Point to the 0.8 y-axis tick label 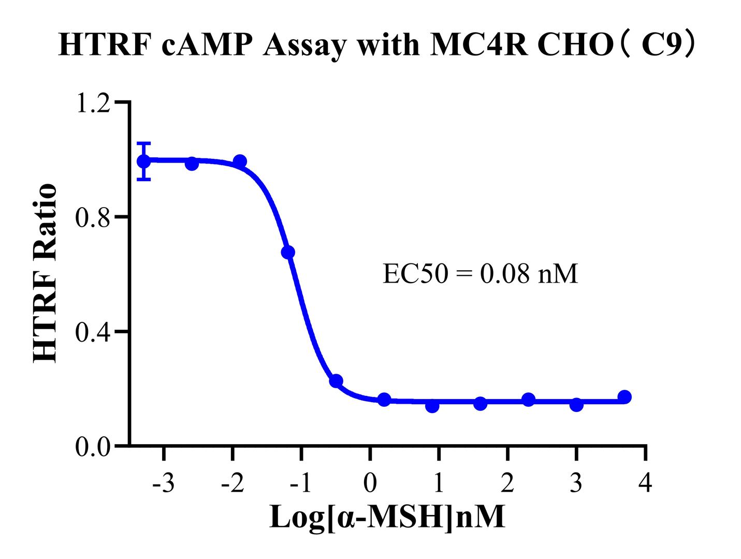93,217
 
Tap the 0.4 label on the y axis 93,332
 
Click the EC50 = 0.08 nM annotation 480,274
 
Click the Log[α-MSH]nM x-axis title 387,517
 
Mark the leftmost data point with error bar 143,161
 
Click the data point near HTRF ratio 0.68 288,252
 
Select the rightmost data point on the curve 624,397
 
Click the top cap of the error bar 143,143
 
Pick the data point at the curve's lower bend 336,381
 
